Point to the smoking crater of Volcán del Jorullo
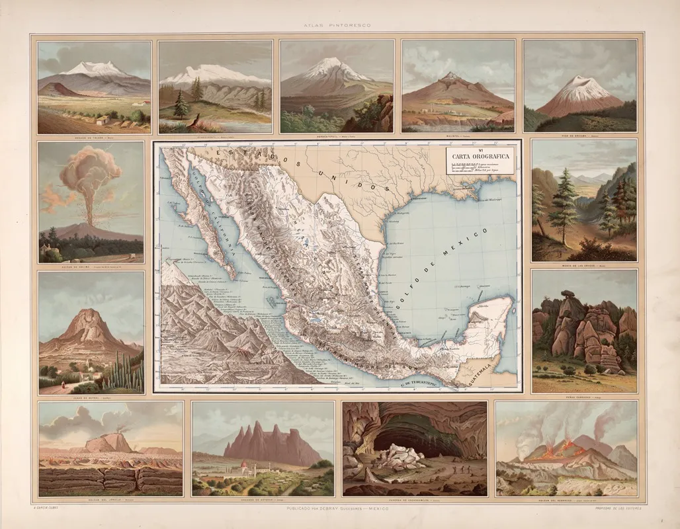[119, 436]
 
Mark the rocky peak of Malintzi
[452, 78]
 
